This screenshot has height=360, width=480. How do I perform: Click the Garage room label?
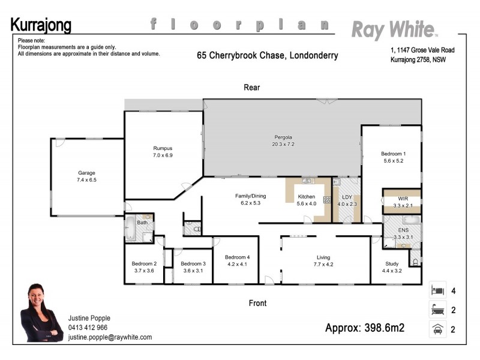[x=86, y=172]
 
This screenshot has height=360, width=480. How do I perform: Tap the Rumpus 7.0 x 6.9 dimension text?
[x=163, y=155]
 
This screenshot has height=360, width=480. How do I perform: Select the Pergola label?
[x=283, y=137]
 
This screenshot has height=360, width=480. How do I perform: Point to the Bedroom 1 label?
[x=394, y=154]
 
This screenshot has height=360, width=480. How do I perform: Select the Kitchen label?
[x=307, y=197]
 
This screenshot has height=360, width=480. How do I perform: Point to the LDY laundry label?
[x=347, y=197]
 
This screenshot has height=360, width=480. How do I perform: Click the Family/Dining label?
[x=250, y=196]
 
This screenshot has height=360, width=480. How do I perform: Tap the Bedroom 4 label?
[x=237, y=257]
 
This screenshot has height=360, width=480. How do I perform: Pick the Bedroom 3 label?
[x=193, y=263]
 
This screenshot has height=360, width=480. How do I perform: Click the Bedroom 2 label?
[x=144, y=263]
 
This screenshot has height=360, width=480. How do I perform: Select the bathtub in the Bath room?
[x=130, y=229]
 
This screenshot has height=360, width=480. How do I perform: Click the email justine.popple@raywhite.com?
[x=110, y=337]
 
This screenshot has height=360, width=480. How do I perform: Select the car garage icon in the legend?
[x=438, y=329]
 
